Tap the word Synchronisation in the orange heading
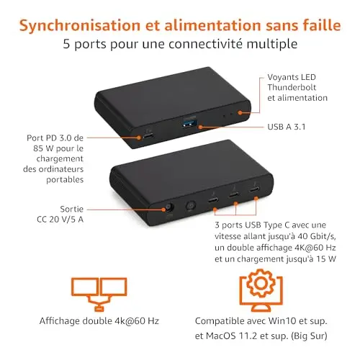coord(80,25)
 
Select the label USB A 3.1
coord(287,127)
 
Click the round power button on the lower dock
coord(191,206)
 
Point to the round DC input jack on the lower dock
coord(169,207)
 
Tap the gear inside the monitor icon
coord(261,284)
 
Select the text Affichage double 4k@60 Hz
coord(99,321)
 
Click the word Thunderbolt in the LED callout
coord(292,87)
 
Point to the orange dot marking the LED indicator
coord(240,112)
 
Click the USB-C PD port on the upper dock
coord(148,136)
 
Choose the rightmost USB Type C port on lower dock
coord(254,190)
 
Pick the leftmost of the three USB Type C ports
coord(213,199)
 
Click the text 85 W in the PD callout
coord(43,148)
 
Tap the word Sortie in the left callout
coord(72,209)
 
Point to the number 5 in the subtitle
coord(67,44)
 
